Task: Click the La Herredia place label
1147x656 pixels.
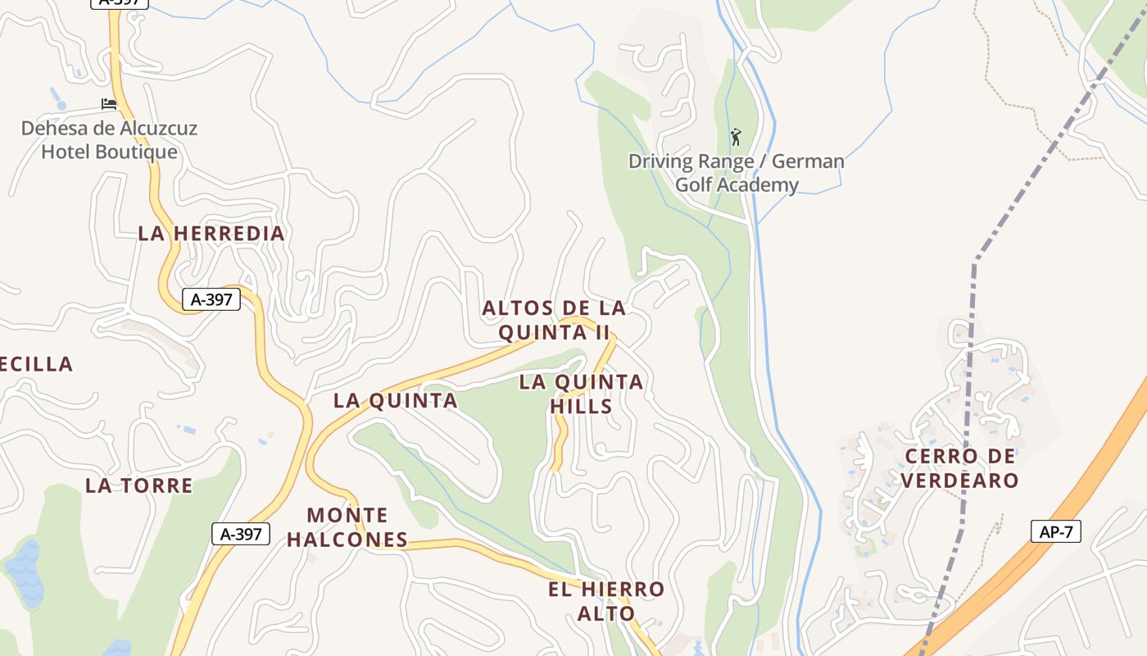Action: pos(211,233)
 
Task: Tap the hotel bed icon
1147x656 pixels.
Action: pos(109,104)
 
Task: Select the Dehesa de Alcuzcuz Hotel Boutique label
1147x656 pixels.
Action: pos(109,140)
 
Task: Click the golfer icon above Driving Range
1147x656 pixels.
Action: pos(736,137)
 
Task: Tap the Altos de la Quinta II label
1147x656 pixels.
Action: pos(554,320)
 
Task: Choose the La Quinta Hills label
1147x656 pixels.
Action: pos(582,394)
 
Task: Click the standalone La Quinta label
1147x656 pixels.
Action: pos(395,400)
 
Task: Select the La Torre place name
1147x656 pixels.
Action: pos(139,485)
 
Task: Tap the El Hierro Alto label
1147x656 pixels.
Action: pos(606,601)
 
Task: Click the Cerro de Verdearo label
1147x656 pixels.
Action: pos(960,468)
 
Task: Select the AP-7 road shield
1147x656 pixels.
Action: pos(1055,531)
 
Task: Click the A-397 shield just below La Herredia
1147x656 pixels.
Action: pos(211,299)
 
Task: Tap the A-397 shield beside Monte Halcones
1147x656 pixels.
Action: pos(241,534)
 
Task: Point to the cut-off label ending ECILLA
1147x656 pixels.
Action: pos(36,364)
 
